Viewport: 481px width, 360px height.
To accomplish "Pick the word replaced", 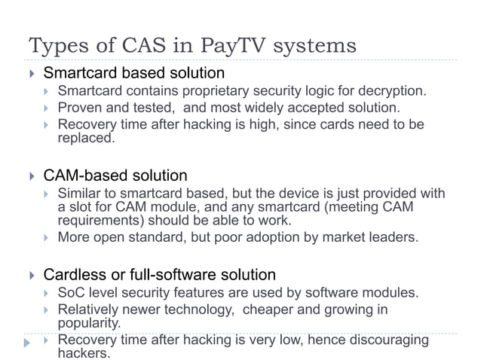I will click(x=87, y=138).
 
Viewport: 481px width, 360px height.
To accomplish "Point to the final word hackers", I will click(x=84, y=352).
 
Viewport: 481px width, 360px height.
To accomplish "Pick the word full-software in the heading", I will click(x=171, y=274).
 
